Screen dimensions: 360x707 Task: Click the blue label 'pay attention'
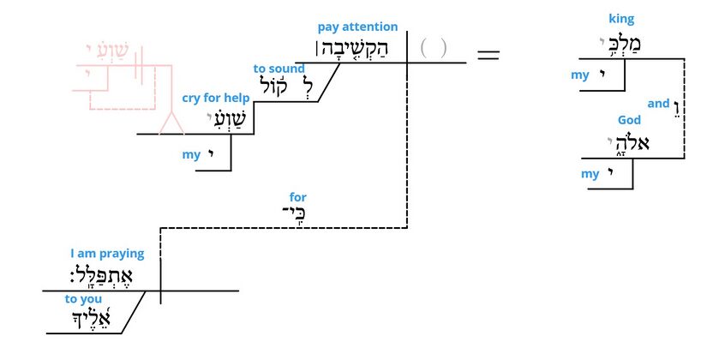coord(357,27)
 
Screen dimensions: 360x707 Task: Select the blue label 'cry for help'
coord(215,98)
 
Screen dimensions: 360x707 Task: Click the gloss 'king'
coord(622,19)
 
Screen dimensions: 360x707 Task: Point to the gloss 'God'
coord(629,121)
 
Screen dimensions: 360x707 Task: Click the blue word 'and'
coord(658,104)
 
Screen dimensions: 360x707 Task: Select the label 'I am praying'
coord(107,254)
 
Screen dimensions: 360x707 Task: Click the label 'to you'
coord(83,299)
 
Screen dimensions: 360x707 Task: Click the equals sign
coord(488,54)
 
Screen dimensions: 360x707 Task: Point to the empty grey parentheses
coord(434,48)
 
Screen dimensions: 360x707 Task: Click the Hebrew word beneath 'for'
coord(294,213)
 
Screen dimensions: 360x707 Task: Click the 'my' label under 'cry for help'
coord(191,155)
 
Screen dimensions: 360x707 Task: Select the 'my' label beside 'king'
coord(580,75)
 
